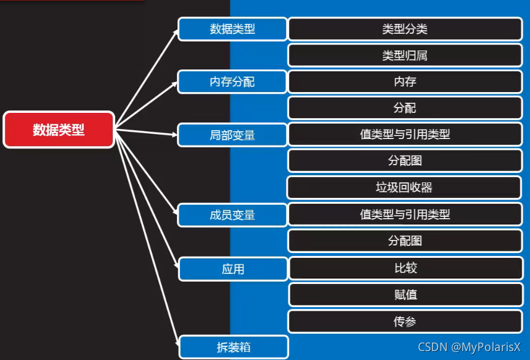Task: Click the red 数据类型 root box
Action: pos(58,130)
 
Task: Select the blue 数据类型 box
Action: pos(232,29)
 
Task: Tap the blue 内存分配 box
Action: pos(232,81)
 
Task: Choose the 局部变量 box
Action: pos(232,135)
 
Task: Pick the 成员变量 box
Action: pos(232,215)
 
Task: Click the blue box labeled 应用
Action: pos(233,269)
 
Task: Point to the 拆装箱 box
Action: pos(233,347)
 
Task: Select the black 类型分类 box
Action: pos(405,29)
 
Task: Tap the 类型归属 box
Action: pos(405,56)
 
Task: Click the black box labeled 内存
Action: pos(405,81)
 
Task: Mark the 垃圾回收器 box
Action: pos(405,188)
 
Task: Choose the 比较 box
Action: pos(405,268)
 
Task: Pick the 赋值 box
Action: pos(405,295)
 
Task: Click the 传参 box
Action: pos(405,321)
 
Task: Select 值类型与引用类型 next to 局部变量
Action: pos(405,134)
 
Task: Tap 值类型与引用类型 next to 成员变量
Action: pos(405,214)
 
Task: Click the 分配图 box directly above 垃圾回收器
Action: pos(405,161)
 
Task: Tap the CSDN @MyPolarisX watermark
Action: pos(469,347)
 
